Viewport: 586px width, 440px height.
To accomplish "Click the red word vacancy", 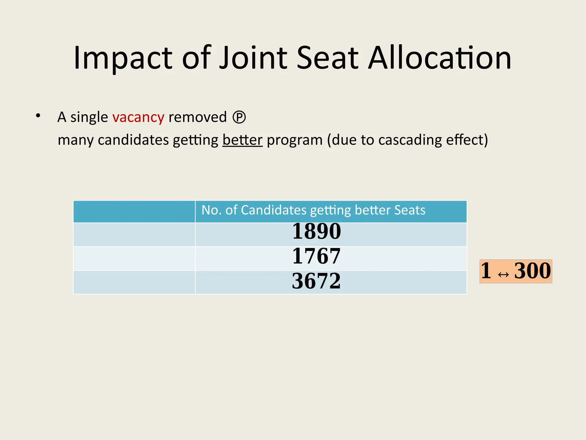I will [x=138, y=117].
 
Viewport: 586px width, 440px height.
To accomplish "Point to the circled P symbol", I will [x=239, y=117].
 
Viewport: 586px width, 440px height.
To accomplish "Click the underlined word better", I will [x=242, y=140].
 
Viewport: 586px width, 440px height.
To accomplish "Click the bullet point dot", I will [x=38, y=116].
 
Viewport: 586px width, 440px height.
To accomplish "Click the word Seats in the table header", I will [x=410, y=210].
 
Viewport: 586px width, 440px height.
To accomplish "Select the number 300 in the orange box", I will [x=532, y=271].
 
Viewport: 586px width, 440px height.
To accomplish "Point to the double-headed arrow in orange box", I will [x=503, y=275].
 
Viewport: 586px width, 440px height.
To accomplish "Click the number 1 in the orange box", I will [x=486, y=271].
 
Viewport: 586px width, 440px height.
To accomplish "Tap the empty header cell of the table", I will [x=134, y=211].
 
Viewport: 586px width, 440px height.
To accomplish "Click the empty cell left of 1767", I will [x=134, y=258].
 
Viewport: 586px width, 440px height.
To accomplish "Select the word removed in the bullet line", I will [x=197, y=117].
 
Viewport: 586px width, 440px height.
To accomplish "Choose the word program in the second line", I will [x=294, y=140].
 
